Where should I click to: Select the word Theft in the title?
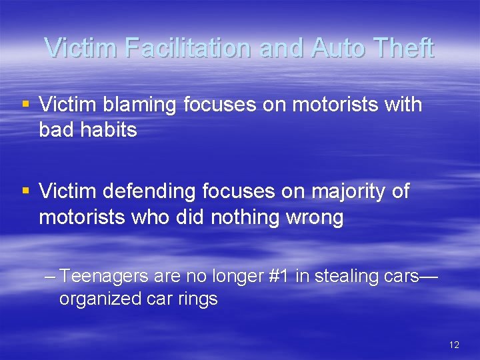[x=403, y=48]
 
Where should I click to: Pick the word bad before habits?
[x=55, y=129]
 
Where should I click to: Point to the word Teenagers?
[x=111, y=277]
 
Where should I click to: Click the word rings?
[x=199, y=299]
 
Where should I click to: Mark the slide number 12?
[x=454, y=345]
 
